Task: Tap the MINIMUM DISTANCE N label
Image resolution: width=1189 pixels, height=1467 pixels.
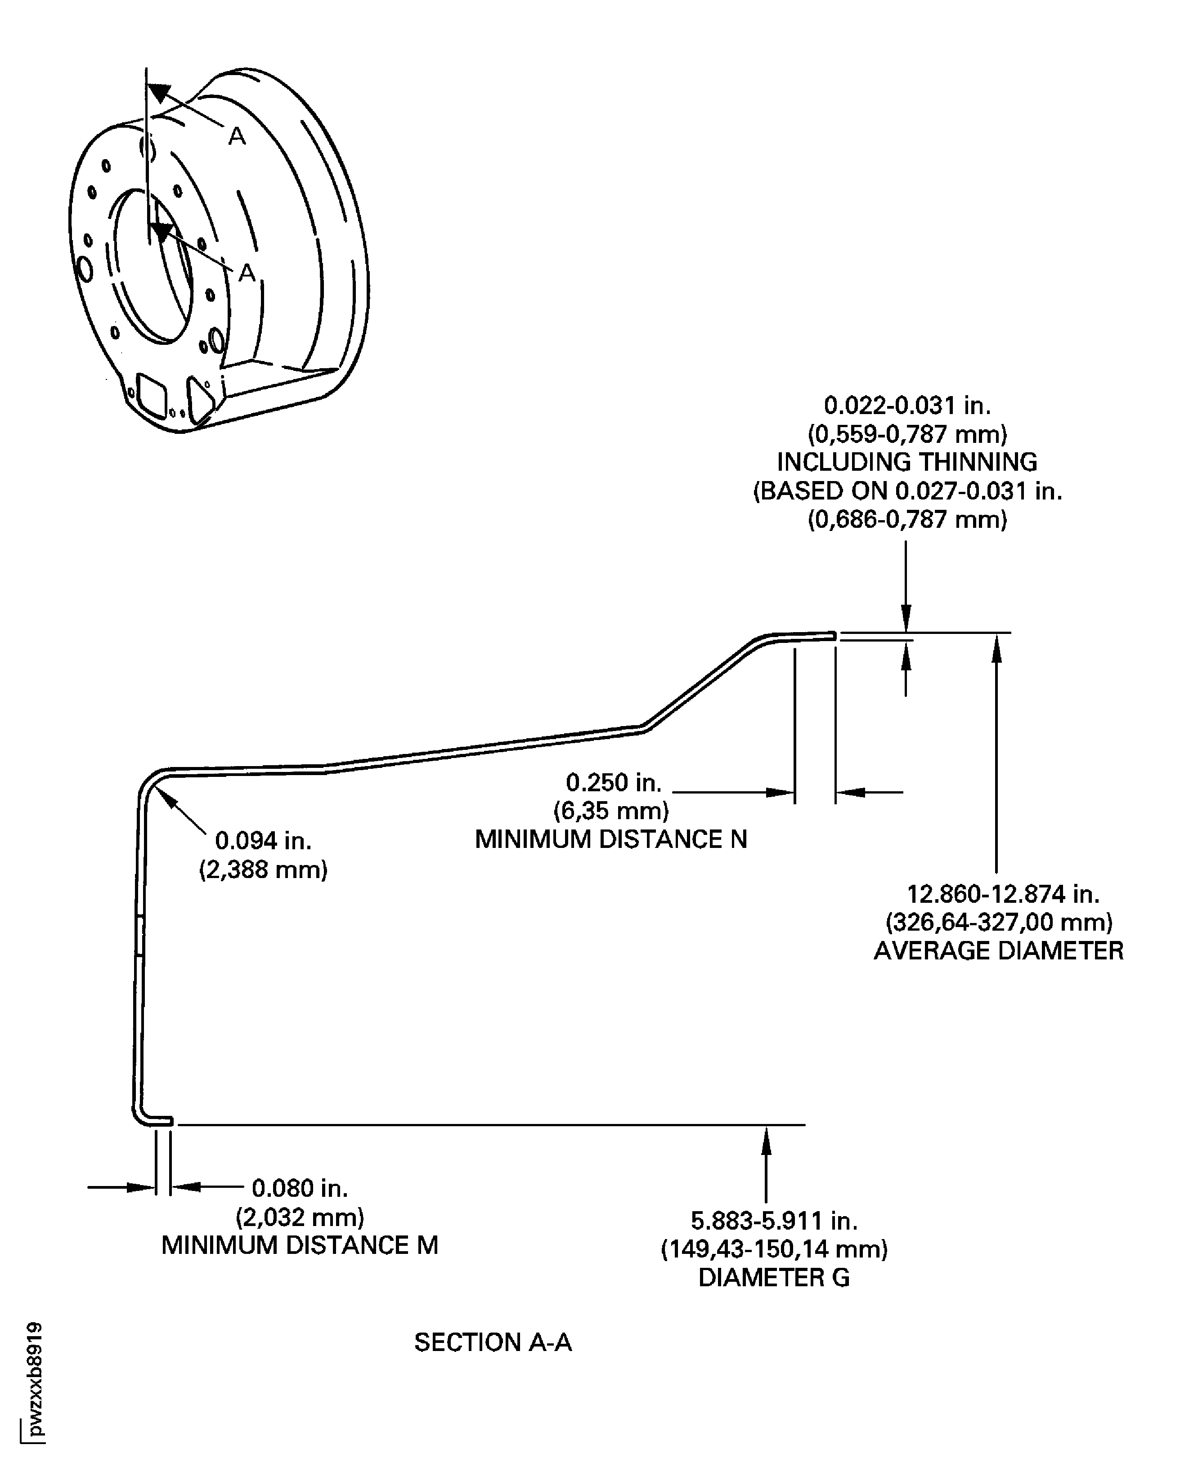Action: coord(610,839)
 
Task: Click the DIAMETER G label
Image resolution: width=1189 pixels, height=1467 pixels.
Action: coord(774,1277)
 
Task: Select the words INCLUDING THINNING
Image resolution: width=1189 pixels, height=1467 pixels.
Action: coord(907,462)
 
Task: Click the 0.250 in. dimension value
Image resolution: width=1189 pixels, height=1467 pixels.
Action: coord(614,782)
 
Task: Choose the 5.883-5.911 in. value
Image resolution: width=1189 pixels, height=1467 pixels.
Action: coord(774,1220)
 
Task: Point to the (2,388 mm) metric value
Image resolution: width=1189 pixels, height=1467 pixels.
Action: coord(263,869)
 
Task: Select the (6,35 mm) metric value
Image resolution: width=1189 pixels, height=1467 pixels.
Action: coord(611,811)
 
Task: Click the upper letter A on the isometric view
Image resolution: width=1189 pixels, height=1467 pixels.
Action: coord(236,137)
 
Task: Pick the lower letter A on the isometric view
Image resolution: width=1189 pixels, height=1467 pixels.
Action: coord(247,273)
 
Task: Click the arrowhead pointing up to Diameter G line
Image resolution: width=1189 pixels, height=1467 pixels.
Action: coord(767,1137)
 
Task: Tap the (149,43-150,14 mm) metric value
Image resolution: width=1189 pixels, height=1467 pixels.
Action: coord(774,1249)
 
